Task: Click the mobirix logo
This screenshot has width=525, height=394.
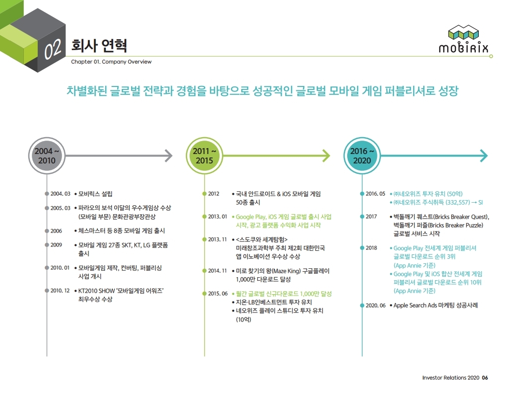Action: (463, 39)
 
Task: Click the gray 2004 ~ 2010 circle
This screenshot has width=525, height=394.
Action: (47, 156)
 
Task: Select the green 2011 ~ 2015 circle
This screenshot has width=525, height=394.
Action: (204, 156)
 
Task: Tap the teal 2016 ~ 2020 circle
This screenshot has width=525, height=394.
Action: (362, 156)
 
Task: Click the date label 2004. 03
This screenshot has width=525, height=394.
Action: (60, 194)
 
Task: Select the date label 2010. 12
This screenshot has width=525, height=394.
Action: (60, 290)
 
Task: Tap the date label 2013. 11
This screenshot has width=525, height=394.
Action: (218, 239)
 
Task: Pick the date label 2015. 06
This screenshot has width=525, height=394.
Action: (218, 294)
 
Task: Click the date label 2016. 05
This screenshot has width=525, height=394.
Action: (375, 194)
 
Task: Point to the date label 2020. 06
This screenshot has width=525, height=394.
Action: (375, 306)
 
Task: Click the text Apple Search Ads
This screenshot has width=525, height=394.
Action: (415, 306)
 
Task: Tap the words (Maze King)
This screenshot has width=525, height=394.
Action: (287, 271)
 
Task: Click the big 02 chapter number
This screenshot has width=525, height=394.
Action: (53, 50)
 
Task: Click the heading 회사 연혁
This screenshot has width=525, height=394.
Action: (99, 46)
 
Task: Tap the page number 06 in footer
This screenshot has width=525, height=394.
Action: (485, 378)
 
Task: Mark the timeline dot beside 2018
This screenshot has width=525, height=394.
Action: (362, 247)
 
